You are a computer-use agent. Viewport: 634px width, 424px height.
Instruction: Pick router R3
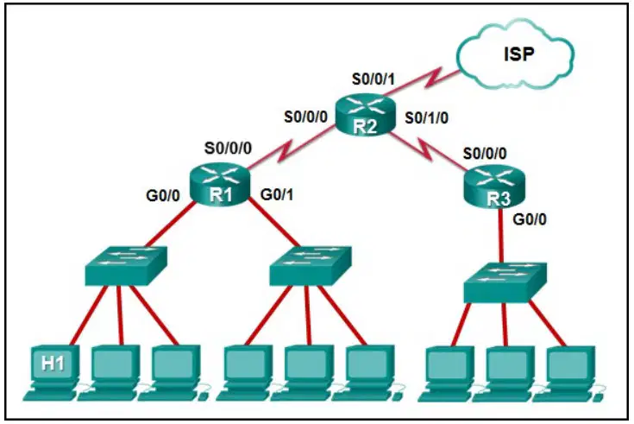pos(494,187)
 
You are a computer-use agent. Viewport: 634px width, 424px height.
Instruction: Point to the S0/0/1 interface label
pos(373,79)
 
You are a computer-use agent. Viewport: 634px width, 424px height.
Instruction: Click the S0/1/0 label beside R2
pos(427,117)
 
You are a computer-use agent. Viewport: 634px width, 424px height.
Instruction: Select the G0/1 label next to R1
pos(277,195)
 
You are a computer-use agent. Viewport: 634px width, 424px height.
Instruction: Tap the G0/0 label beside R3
pos(530,219)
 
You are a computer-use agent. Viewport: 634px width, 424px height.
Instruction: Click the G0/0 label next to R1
pos(163,196)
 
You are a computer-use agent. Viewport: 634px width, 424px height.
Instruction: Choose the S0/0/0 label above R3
pos(485,154)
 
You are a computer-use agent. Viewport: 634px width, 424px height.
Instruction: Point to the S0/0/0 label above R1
pos(228,149)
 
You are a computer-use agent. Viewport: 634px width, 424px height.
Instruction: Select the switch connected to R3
pos(505,282)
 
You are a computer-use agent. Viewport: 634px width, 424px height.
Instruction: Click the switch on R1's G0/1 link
pos(311,265)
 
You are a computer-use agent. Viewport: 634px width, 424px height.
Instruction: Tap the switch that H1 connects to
pos(126,266)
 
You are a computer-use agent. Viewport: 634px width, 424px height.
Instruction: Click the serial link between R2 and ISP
pos(422,84)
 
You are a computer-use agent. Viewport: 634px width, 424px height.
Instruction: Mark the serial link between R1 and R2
pos(292,147)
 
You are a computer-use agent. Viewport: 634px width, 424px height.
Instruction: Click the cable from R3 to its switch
pos(501,236)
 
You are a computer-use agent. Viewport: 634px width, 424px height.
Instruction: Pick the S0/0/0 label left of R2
pos(305,117)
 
